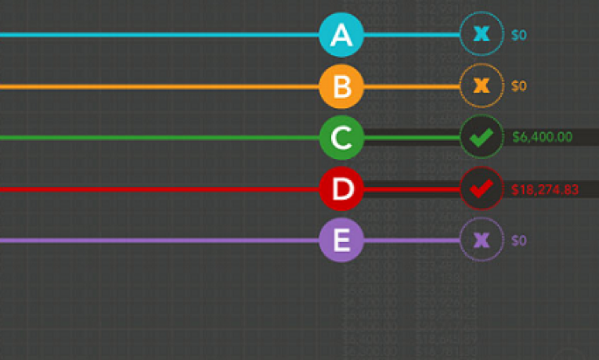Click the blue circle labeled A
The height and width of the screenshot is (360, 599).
pos(341,35)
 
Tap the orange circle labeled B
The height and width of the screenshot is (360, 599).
pos(341,86)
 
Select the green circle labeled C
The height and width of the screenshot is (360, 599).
pos(341,138)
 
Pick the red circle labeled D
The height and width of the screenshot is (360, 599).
pos(341,189)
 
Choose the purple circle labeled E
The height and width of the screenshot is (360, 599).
pos(341,240)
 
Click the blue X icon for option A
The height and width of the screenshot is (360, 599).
pos(482,34)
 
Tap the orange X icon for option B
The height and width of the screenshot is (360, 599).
pos(482,85)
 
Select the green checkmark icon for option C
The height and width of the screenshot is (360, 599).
pos(482,138)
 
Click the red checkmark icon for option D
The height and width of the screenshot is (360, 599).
pos(482,189)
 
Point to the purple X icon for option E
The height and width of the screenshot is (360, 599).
pos(482,240)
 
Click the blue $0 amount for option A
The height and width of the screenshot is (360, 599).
pos(519,35)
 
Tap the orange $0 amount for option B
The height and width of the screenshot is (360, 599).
pos(519,86)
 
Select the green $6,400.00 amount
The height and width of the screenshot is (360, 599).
pos(542,137)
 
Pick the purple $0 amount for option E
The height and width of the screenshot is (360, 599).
pos(519,240)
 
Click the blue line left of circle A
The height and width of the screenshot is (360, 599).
pos(157,35)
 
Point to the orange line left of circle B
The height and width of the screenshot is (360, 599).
pos(157,86)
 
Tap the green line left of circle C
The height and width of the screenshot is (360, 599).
pos(157,138)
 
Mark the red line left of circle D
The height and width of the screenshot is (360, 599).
pos(157,189)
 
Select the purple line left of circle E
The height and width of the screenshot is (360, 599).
pos(157,240)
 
